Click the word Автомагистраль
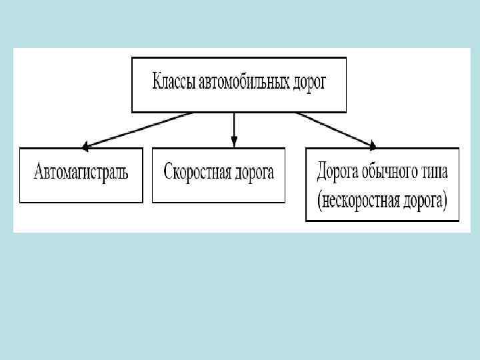81,173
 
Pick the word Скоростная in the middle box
196,173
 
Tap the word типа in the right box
436,172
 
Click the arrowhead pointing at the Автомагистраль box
84,145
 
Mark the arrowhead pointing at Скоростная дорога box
234,142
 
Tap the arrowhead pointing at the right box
372,145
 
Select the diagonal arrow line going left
140,129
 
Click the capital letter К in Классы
157,84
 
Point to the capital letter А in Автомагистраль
39,173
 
